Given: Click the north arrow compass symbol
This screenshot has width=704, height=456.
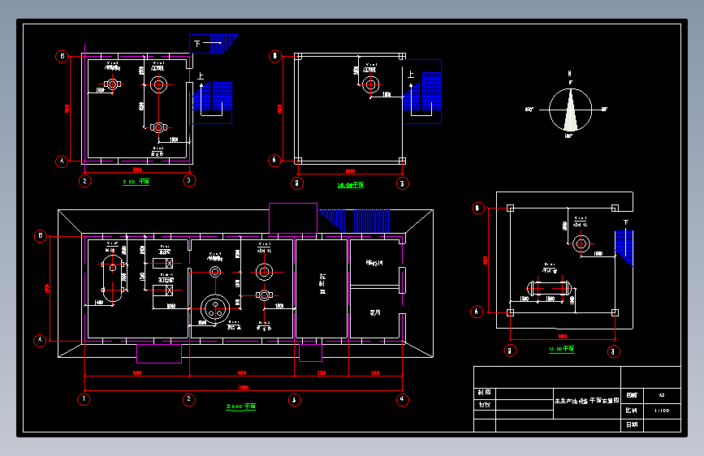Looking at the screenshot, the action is tap(572, 110).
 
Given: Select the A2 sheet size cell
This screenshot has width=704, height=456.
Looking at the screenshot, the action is tap(662, 395).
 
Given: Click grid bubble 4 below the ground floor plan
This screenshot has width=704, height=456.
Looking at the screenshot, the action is tap(401, 399).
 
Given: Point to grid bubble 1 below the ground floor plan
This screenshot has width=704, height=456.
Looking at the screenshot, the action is tap(83, 399).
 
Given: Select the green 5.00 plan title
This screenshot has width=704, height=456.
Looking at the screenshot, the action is tap(136, 183).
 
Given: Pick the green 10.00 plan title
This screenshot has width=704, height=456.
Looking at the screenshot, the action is tap(350, 185).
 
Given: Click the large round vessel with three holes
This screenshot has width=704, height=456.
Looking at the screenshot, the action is tap(215, 307).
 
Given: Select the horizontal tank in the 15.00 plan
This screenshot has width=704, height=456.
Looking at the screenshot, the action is tap(549, 287).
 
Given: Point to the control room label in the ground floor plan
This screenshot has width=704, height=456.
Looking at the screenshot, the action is tap(322, 285).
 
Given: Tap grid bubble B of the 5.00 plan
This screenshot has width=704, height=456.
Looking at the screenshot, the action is tap(62, 56).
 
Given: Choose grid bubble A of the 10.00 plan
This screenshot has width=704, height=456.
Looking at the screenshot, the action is tap(274, 161).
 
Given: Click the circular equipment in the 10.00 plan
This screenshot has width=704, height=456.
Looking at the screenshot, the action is tap(370, 84).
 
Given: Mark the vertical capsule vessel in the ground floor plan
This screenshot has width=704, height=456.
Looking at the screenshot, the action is tap(110, 278).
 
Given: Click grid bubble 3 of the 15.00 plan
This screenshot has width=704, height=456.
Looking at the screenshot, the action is tap(614, 351).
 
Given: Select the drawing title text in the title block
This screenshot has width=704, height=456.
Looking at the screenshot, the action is tap(586, 401).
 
